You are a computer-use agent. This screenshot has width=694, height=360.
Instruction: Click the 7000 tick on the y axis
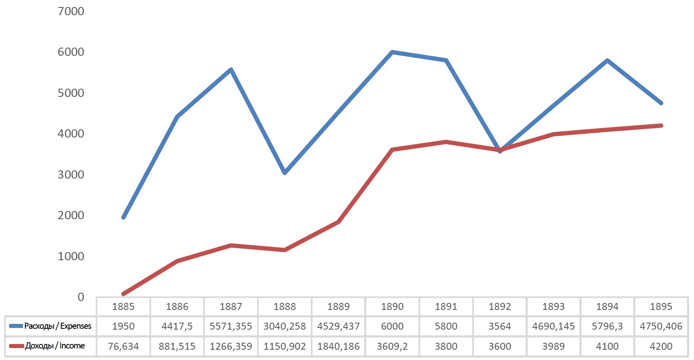click(x=71, y=11)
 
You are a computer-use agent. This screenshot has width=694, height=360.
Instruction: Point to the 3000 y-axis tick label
click(x=71, y=174)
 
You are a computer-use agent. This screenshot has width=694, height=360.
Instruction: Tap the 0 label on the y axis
click(x=81, y=297)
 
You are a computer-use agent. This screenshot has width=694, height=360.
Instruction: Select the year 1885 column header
click(x=123, y=307)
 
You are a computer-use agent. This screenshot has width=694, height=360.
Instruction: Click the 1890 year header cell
click(x=392, y=307)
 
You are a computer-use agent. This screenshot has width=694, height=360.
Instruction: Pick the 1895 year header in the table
click(x=661, y=307)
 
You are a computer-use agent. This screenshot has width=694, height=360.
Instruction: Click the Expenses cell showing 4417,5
click(x=177, y=326)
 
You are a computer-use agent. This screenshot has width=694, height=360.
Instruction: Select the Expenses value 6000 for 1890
click(x=392, y=326)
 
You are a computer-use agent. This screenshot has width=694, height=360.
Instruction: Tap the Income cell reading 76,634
click(x=123, y=346)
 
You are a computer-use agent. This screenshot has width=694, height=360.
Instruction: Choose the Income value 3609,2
click(x=392, y=346)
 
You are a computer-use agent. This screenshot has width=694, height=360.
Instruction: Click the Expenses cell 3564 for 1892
click(x=500, y=326)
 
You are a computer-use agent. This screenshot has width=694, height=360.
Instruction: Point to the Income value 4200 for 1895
click(x=661, y=346)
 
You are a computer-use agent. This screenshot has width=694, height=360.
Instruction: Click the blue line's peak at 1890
click(x=392, y=52)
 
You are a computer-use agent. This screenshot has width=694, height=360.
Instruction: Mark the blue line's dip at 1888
click(x=285, y=172)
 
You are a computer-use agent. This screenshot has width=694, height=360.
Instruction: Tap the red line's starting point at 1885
click(x=123, y=294)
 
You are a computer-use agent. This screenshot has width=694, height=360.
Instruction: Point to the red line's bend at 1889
click(x=338, y=222)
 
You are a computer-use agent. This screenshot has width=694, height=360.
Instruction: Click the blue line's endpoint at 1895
click(x=661, y=103)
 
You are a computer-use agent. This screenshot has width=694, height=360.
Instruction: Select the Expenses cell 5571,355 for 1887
click(x=231, y=326)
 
